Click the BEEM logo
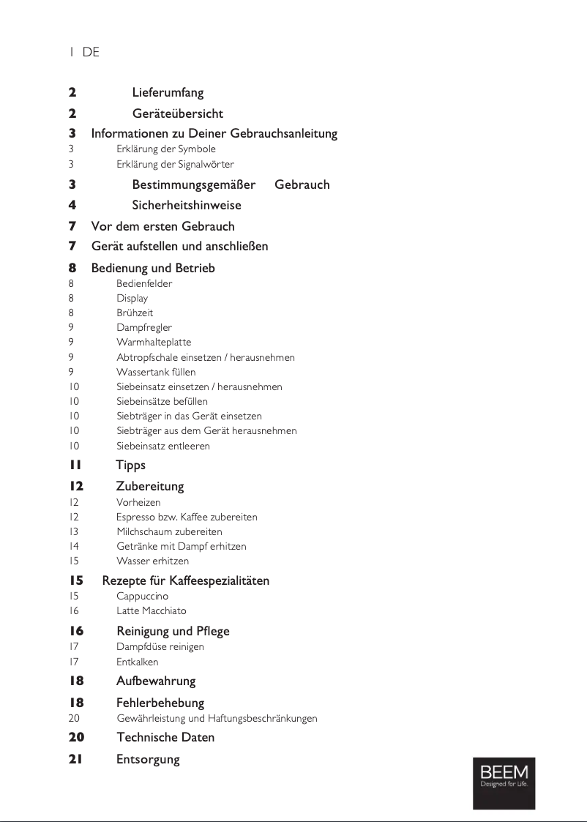click(504, 782)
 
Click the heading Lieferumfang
click(168, 93)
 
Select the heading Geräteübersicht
click(177, 114)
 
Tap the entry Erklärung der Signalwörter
click(175, 164)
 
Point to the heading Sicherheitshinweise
click(186, 205)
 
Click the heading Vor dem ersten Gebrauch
click(162, 226)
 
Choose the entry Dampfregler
click(144, 328)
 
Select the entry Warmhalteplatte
click(154, 343)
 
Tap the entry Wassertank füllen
click(156, 372)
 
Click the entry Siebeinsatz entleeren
click(162, 446)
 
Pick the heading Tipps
click(130, 466)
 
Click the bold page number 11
click(75, 466)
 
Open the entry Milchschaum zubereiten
click(169, 532)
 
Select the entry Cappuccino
click(142, 597)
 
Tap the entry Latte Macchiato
click(151, 611)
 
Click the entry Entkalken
click(137, 662)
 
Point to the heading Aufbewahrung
click(156, 681)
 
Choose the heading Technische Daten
click(165, 738)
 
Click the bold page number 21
click(75, 759)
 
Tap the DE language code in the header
click(91, 53)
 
